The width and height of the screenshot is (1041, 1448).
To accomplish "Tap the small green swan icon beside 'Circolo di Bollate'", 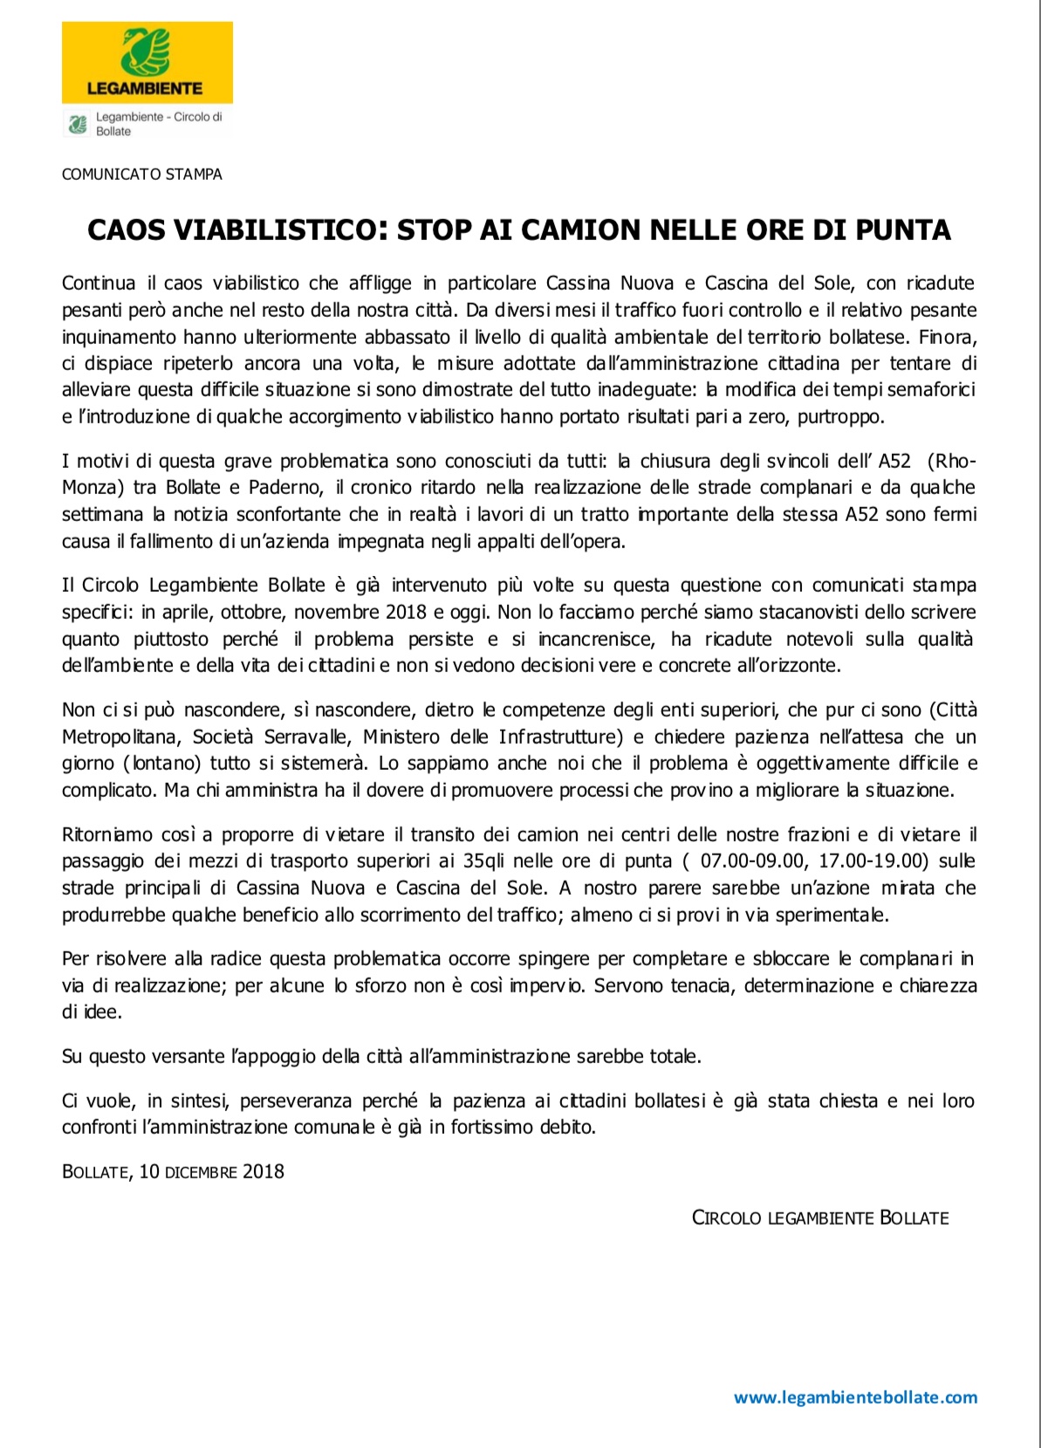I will tap(78, 124).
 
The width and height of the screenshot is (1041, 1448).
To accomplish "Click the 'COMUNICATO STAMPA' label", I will tap(141, 175).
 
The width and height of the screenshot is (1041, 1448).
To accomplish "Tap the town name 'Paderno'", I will tap(281, 487).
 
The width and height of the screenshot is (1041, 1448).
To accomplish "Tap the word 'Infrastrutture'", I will tap(559, 737).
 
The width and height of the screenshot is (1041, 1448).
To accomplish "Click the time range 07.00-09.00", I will tap(752, 861).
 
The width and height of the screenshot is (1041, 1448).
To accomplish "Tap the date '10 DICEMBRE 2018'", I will tap(212, 1171).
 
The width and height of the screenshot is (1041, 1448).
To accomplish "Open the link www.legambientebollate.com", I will tap(855, 1397).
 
